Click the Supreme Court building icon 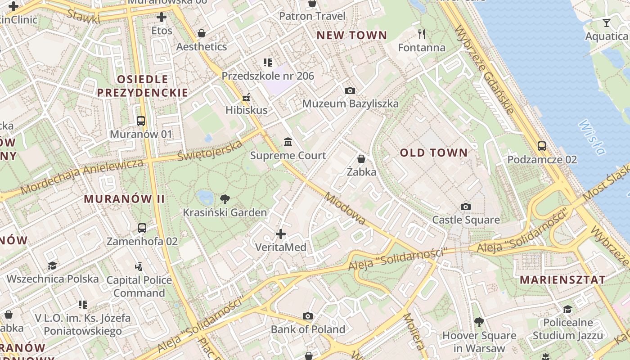pos(288,142)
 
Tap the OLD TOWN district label pos(434,153)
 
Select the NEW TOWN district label pos(351,35)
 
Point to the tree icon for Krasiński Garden pos(225,199)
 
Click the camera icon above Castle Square pos(466,207)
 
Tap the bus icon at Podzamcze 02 pos(542,146)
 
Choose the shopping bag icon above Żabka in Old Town pos(361,159)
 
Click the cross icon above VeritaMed pos(281,234)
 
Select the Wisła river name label pos(591,137)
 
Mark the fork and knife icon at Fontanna pos(422,34)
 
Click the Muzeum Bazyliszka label pos(350,103)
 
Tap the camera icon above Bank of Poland pos(308,316)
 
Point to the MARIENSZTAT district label pos(562,279)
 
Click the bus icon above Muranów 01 pos(141,121)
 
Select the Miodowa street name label pos(345,209)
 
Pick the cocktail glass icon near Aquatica pos(607,23)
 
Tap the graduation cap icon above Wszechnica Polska pos(53,265)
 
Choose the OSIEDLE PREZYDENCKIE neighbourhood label pos(143,86)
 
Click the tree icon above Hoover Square pos(479,322)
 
